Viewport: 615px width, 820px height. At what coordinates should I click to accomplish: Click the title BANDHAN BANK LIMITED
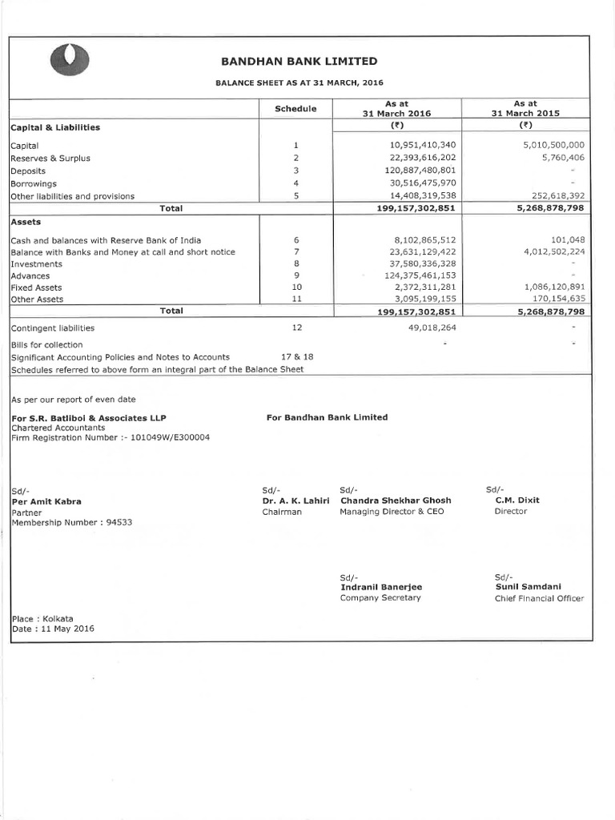tap(299, 62)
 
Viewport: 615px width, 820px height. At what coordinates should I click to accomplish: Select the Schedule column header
tap(295, 109)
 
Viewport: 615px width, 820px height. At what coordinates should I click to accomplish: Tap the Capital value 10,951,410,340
tap(420, 145)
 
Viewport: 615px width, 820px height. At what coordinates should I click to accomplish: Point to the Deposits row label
tap(28, 171)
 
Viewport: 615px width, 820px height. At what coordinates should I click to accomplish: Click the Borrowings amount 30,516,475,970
tap(420, 183)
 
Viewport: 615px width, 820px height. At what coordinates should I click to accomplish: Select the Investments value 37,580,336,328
tap(420, 263)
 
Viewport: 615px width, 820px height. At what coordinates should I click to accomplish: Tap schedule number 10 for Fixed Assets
tap(295, 287)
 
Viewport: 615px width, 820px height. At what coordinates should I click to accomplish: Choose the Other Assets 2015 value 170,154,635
tap(555, 299)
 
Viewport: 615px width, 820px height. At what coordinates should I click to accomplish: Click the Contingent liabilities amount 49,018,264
tap(426, 328)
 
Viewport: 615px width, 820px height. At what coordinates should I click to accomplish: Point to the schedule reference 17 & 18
tap(295, 357)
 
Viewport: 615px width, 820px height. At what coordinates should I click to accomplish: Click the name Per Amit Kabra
tap(46, 501)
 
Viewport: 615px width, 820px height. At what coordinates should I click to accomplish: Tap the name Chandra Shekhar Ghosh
tap(395, 500)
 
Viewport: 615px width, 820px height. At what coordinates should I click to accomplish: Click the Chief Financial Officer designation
tap(539, 598)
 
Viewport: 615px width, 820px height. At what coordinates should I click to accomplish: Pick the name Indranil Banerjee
tap(380, 587)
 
